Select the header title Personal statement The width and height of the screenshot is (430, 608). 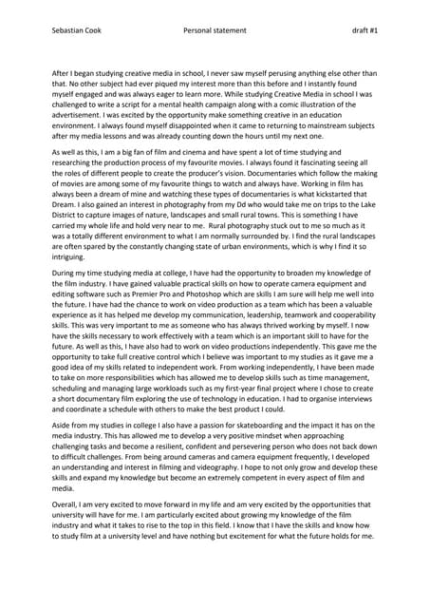(215, 30)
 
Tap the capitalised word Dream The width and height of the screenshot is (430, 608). (65, 215)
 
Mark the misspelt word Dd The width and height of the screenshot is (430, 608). (267, 215)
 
